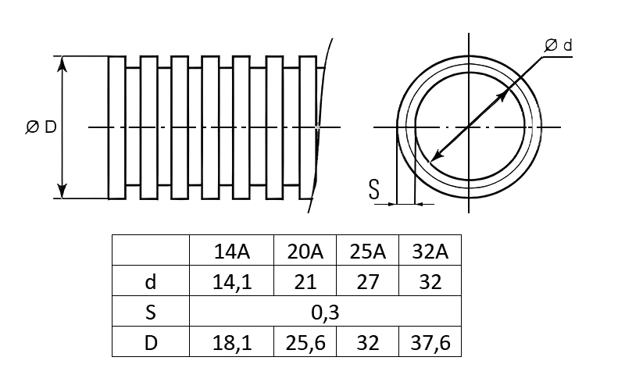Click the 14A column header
pos(232,252)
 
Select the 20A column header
pos(305,252)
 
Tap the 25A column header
pos(367,252)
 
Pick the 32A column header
pos(430,252)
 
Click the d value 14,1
pos(232,283)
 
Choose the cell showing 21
pos(305,282)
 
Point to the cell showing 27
pos(367,282)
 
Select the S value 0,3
pos(325,312)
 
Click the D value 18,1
pos(232,343)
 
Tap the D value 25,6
pos(305,343)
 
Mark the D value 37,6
pos(430,343)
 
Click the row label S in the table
pos(150,312)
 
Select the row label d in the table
pos(150,282)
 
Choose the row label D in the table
pos(151,343)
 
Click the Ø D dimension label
pos(41,127)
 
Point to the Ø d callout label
pos(559,45)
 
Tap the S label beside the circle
pos(374,189)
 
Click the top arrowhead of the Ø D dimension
pos(62,64)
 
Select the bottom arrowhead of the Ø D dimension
pos(62,191)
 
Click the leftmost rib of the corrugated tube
pos(117,127)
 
